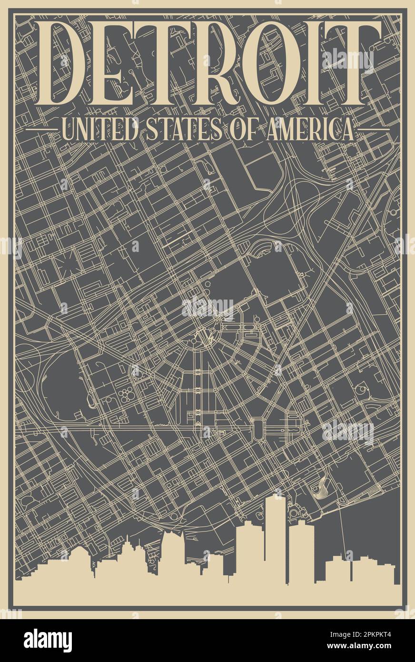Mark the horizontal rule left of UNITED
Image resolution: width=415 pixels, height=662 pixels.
pos(41,129)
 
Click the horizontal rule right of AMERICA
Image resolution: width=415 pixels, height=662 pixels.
pos(373,129)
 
